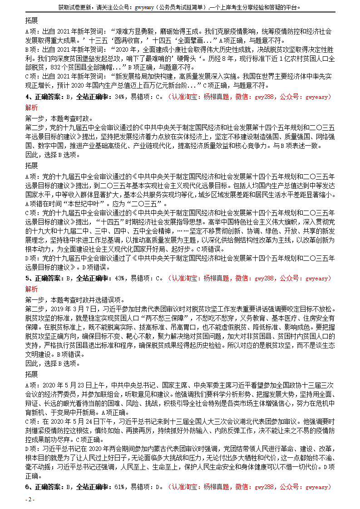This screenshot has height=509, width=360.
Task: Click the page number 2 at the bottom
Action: (x=30, y=499)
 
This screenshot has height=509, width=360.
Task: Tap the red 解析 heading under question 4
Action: (x=32, y=108)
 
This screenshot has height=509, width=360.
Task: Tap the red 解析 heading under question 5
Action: (x=32, y=289)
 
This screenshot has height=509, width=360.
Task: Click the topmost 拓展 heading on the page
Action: (x=32, y=21)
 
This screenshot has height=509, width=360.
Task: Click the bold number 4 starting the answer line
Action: (x=27, y=97)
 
